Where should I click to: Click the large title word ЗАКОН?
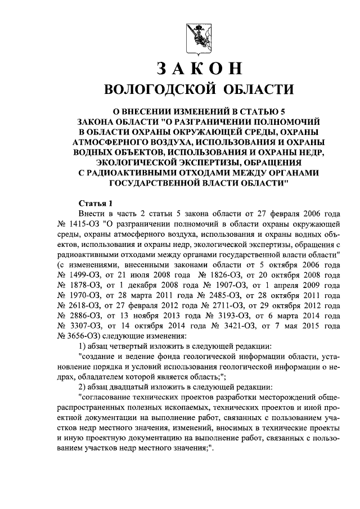[199, 68]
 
